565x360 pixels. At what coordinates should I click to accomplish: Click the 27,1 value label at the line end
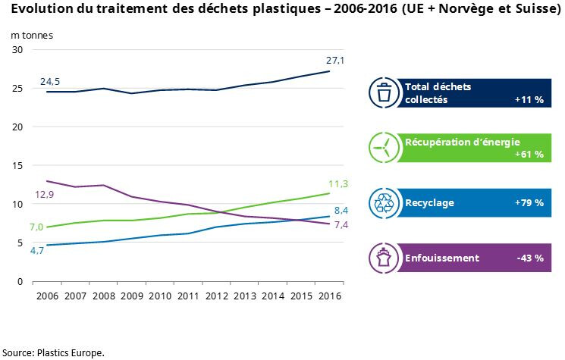[335, 60]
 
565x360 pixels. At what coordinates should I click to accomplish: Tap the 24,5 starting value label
[51, 80]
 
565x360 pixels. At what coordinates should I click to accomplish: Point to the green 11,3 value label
[339, 183]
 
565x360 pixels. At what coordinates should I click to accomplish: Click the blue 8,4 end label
[341, 210]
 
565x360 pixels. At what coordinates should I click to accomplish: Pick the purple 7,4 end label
[341, 225]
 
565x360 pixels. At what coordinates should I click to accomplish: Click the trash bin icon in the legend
[385, 92]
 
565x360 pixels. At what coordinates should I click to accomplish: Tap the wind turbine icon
[385, 147]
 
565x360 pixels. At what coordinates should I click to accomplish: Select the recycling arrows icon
[385, 202]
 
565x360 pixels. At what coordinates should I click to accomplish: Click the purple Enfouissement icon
[385, 258]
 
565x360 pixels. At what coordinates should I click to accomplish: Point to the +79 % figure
[529, 202]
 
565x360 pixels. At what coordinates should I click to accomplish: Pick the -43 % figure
[530, 258]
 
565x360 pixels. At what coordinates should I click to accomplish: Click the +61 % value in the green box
[529, 154]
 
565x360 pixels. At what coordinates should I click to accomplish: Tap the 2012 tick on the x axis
[217, 296]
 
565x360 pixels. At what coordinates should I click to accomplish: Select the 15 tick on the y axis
[17, 165]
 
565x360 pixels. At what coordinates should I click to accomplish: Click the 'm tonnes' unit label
[31, 35]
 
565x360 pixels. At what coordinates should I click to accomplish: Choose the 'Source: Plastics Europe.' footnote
[53, 352]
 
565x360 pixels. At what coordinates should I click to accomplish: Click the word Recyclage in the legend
[430, 202]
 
